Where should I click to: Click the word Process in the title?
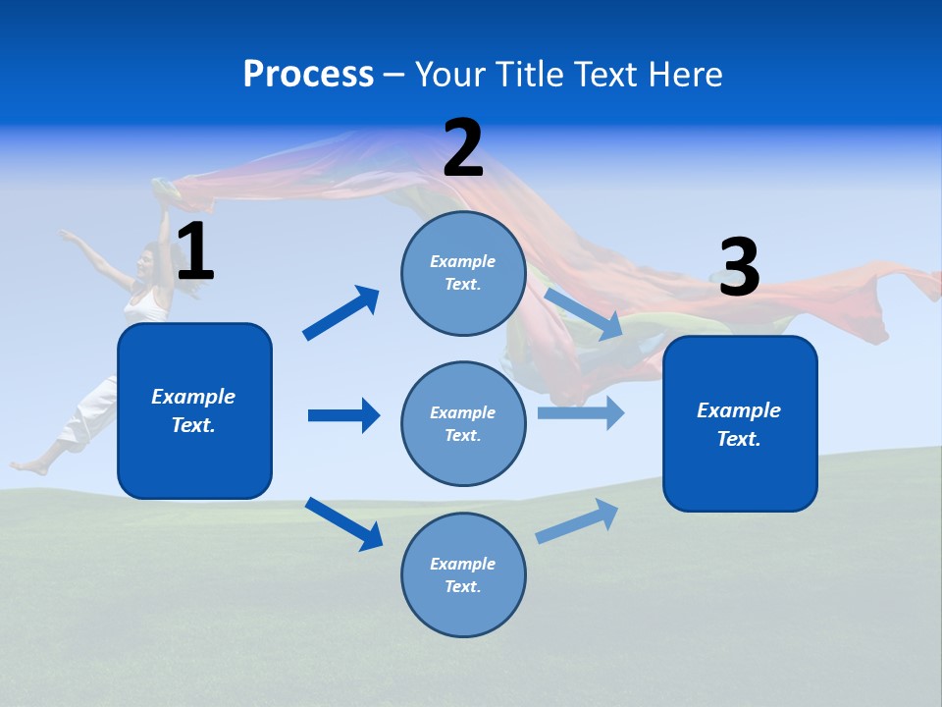(308, 75)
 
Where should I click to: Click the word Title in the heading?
(529, 75)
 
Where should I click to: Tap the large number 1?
(195, 252)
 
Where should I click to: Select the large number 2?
(463, 149)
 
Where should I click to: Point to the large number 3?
(739, 268)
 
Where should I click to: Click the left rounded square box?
(194, 410)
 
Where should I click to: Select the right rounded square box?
(740, 423)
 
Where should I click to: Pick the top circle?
(463, 273)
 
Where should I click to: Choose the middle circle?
(463, 423)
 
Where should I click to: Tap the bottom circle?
(463, 574)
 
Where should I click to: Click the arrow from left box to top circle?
(341, 313)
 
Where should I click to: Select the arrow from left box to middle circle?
(343, 415)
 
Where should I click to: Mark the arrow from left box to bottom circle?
(343, 523)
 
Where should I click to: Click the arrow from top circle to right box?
(583, 313)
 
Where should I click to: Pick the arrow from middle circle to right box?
(581, 412)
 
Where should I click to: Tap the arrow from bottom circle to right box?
(577, 521)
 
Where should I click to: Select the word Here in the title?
(686, 75)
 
